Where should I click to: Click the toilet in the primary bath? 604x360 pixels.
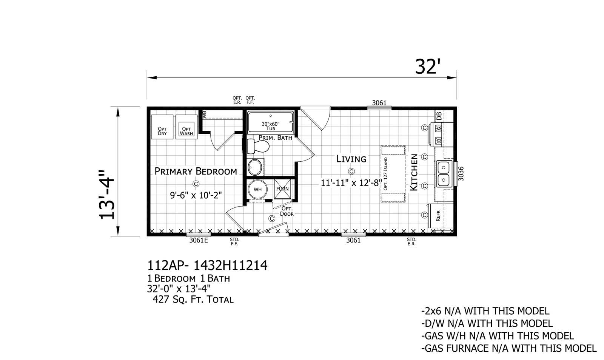(x=258, y=146)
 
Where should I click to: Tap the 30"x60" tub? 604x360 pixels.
(x=270, y=122)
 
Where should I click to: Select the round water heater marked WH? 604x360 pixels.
(x=257, y=189)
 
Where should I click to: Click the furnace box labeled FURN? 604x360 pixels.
(x=282, y=189)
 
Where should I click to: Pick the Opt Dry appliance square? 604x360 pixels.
(x=162, y=127)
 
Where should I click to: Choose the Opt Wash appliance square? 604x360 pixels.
(x=186, y=127)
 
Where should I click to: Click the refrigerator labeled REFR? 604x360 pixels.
(x=441, y=216)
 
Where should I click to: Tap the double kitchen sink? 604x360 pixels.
(x=444, y=174)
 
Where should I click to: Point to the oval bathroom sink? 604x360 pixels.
(x=255, y=167)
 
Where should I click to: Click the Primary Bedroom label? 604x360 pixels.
(x=196, y=172)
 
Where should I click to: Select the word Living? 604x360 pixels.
(x=351, y=159)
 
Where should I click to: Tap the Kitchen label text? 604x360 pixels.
(x=414, y=172)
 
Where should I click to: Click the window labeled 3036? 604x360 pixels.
(x=455, y=174)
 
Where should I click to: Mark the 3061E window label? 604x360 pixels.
(x=199, y=240)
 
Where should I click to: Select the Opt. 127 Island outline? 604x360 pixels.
(x=393, y=174)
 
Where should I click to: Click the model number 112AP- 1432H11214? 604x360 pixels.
(x=207, y=265)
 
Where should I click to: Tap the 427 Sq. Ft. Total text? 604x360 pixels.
(x=193, y=300)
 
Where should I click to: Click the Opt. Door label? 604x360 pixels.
(x=287, y=211)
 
